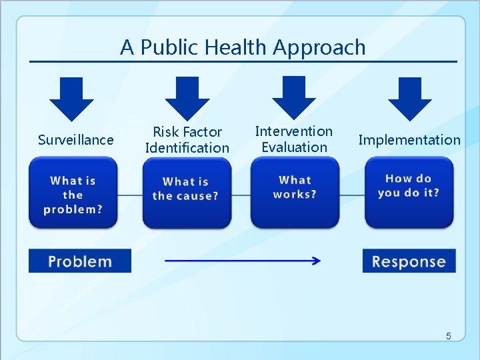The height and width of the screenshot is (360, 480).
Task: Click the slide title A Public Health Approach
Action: pyautogui.click(x=243, y=47)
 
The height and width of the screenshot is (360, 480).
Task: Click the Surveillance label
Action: pyautogui.click(x=75, y=140)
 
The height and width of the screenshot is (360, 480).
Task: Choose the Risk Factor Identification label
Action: pyautogui.click(x=187, y=140)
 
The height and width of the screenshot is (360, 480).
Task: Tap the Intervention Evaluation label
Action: pyautogui.click(x=294, y=139)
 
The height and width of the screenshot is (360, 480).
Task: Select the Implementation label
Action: pyautogui.click(x=409, y=140)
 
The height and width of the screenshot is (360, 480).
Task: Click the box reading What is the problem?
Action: pyautogui.click(x=73, y=193)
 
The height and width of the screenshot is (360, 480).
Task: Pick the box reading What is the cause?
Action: pyautogui.click(x=187, y=193)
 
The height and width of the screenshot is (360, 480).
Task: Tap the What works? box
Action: pyautogui.click(x=295, y=192)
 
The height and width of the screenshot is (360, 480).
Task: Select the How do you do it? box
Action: pyautogui.click(x=409, y=192)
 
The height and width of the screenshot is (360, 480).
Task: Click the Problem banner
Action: pyautogui.click(x=80, y=261)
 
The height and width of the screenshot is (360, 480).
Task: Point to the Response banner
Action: pyautogui.click(x=409, y=261)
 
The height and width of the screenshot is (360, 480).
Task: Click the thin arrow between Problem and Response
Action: pyautogui.click(x=242, y=261)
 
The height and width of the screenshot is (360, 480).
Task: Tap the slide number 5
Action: pyautogui.click(x=448, y=336)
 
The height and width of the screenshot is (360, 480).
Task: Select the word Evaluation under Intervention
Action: pyautogui.click(x=294, y=147)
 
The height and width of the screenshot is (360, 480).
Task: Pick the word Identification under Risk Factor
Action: pyautogui.click(x=187, y=148)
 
